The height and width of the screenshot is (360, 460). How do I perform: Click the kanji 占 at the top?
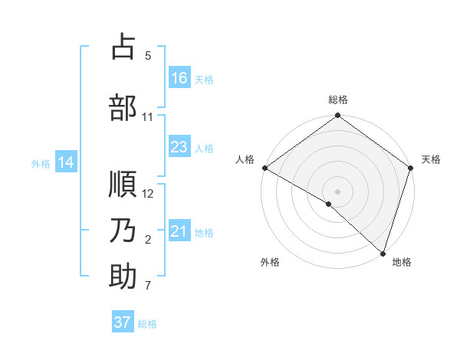[x=123, y=47]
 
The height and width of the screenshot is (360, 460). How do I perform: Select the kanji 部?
[x=123, y=107]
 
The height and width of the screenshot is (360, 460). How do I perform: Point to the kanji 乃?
[x=123, y=231]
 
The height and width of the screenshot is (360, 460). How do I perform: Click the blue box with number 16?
[x=179, y=77]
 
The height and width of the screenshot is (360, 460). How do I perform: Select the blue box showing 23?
[x=179, y=147]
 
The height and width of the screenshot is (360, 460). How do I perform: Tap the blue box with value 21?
[x=179, y=231]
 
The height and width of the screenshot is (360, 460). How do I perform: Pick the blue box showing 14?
[x=66, y=162]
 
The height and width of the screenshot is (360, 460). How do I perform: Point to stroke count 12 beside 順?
[x=149, y=194]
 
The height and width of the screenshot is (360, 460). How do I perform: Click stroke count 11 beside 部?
[x=148, y=117]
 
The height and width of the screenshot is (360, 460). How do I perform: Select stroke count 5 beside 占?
[x=148, y=56]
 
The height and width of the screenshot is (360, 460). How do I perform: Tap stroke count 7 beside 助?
[x=148, y=286]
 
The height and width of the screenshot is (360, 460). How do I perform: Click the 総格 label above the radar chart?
[x=337, y=100]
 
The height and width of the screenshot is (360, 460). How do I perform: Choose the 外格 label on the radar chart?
[x=270, y=262]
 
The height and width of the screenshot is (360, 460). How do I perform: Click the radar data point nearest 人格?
[x=264, y=168]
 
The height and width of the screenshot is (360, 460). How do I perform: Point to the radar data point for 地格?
[x=383, y=254]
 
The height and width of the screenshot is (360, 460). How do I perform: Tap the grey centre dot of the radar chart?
[x=337, y=191]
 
